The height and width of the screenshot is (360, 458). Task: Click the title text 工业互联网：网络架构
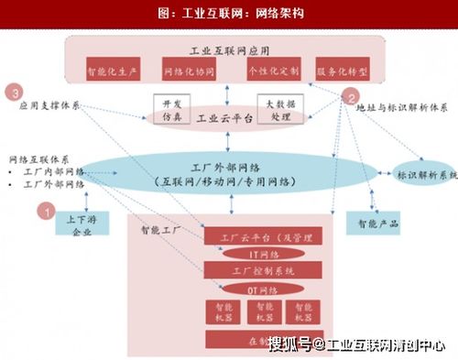pyautogui.click(x=229, y=13)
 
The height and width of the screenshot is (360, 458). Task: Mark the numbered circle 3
pyautogui.click(x=13, y=92)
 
